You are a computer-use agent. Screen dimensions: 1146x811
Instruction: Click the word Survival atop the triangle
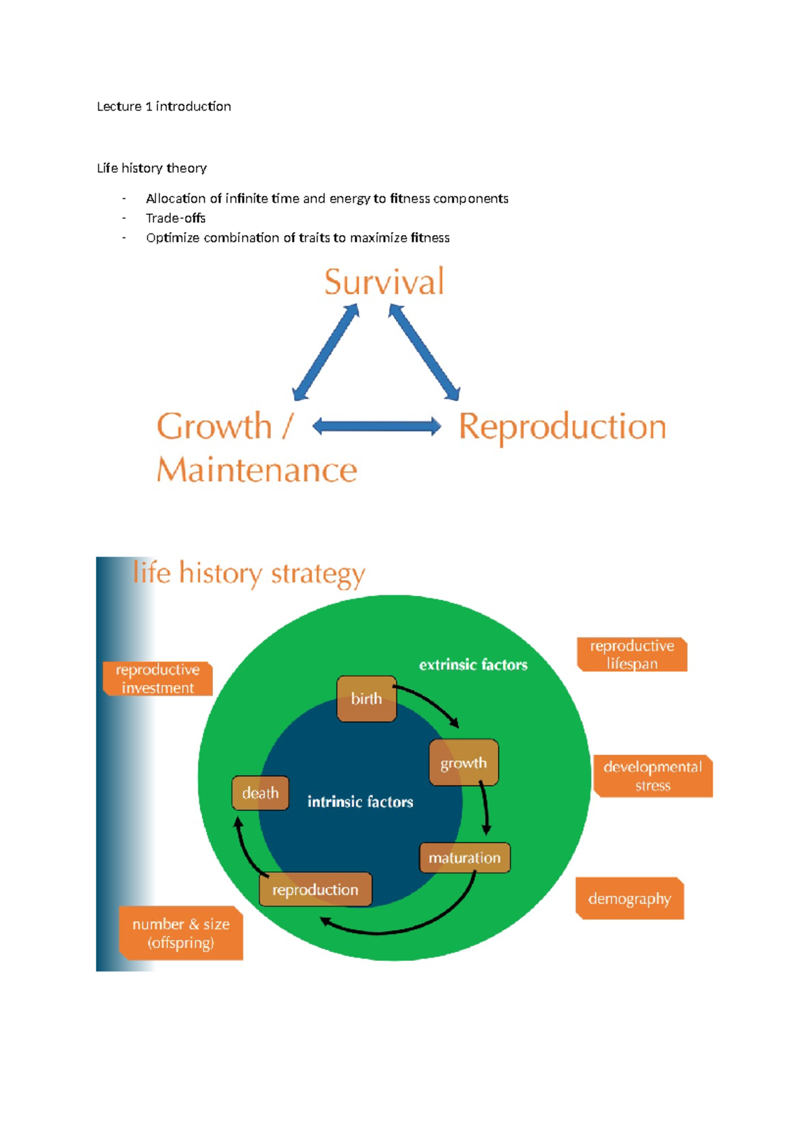coord(384,282)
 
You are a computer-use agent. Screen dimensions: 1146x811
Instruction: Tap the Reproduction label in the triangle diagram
coord(562,427)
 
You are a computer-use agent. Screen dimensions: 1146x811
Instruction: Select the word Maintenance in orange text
coord(257,470)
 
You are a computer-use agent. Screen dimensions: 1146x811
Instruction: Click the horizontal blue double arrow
coord(376,426)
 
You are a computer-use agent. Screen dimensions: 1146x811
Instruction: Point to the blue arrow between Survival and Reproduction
coord(424,352)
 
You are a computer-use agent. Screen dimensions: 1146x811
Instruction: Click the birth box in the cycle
coord(366,699)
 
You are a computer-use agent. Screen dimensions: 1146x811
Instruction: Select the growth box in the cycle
coord(464,763)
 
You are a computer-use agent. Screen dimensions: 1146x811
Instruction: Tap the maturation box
coord(464,857)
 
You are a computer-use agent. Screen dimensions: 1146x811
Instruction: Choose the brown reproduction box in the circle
coord(315,889)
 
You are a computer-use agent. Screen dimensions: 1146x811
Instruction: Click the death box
coord(260,793)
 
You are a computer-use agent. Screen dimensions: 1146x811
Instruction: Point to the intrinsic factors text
coord(360,802)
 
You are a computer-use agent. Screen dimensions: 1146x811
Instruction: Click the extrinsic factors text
coord(473,665)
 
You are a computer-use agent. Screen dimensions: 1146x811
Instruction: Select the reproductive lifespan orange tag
coord(632,654)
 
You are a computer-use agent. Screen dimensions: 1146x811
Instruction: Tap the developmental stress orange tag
coord(652,776)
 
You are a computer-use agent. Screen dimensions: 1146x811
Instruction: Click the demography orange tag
coord(629,899)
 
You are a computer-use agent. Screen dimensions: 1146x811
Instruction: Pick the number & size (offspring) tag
coord(181,932)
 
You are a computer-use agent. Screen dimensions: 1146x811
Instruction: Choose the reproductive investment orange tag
coord(157,678)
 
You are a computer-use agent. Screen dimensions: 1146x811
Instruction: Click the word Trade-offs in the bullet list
coord(176,218)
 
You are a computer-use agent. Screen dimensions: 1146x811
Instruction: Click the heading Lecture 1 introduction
coord(164,106)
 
